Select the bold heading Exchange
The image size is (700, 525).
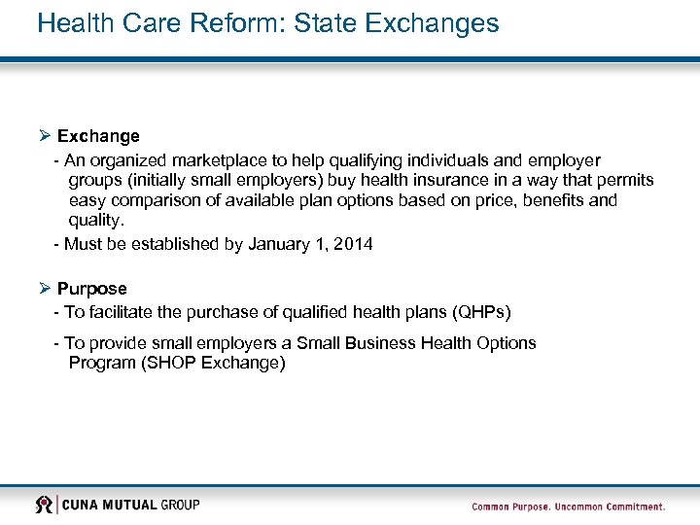[98, 136]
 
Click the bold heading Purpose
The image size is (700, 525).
[91, 289]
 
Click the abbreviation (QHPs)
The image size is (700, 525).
[476, 312]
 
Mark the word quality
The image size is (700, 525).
[97, 221]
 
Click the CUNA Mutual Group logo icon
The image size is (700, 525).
[45, 505]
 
